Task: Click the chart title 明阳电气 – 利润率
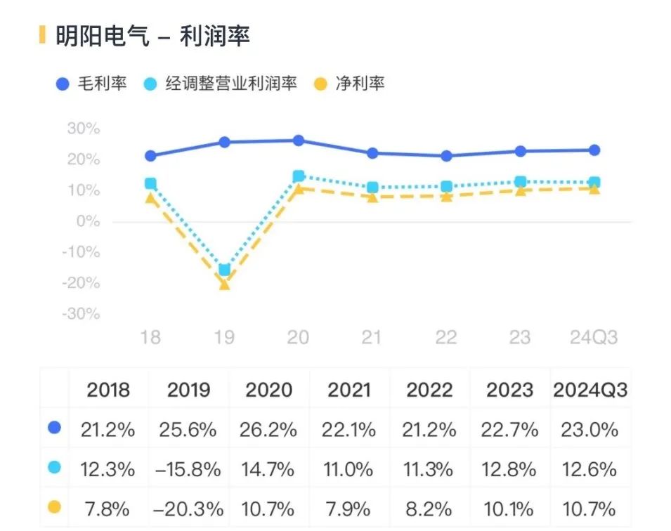click(x=152, y=36)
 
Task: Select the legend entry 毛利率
click(x=92, y=84)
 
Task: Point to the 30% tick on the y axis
click(x=84, y=129)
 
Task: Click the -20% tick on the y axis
click(x=82, y=283)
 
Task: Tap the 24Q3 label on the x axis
click(x=593, y=338)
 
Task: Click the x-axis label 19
click(x=224, y=338)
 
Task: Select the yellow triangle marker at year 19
click(x=224, y=284)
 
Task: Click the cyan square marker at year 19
click(x=224, y=270)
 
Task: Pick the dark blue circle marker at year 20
click(x=298, y=140)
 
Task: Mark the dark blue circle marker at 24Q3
click(x=594, y=150)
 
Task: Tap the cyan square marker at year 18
click(x=150, y=183)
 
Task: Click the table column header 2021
click(x=349, y=390)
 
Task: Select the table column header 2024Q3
click(x=590, y=390)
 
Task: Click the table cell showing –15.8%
click(x=188, y=468)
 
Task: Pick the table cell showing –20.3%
click(x=188, y=508)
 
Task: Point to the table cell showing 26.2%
click(x=269, y=429)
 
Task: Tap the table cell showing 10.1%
click(x=509, y=508)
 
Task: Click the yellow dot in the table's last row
click(x=54, y=506)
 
